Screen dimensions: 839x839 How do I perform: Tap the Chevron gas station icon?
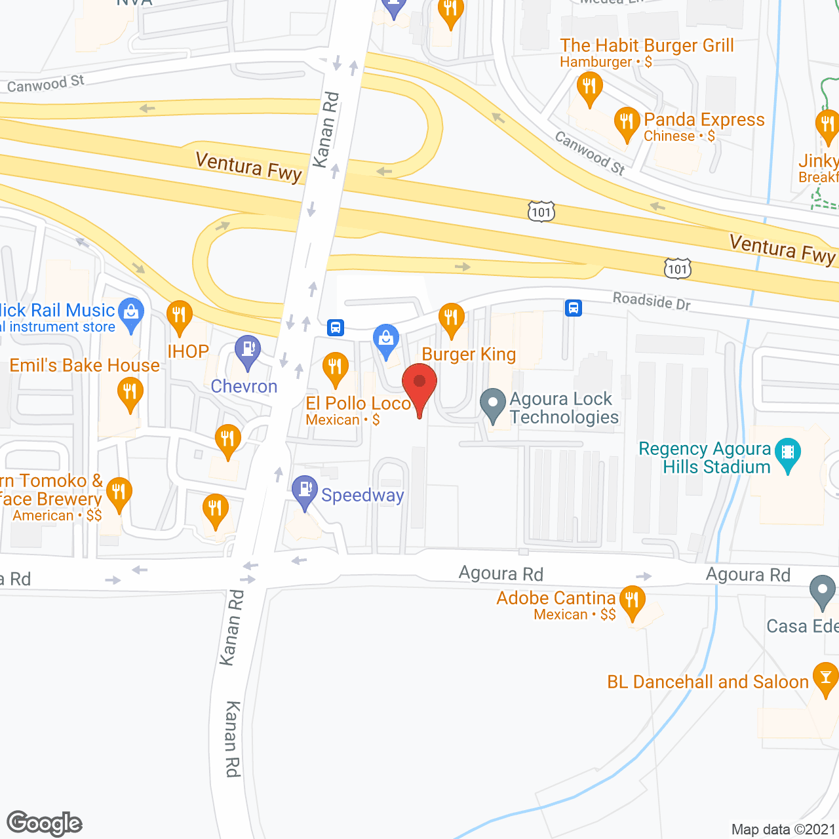[248, 349]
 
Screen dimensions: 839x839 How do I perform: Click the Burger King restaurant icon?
[451, 318]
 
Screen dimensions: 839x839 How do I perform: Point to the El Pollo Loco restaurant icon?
[335, 368]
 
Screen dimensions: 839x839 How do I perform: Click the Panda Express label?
[704, 120]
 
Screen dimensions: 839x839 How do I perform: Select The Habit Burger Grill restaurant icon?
[589, 88]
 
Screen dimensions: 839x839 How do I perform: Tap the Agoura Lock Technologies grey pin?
[493, 404]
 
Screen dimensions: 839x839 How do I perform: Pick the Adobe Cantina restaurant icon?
[632, 600]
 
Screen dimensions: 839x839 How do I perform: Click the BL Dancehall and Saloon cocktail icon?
[825, 678]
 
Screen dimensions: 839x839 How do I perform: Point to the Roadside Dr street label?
[652, 302]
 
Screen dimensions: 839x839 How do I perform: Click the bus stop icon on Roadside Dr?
[574, 307]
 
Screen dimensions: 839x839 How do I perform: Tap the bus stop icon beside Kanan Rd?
[336, 327]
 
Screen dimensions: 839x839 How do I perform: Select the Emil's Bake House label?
[85, 366]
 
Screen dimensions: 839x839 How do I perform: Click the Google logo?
[45, 823]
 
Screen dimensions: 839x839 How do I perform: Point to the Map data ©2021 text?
[783, 830]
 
